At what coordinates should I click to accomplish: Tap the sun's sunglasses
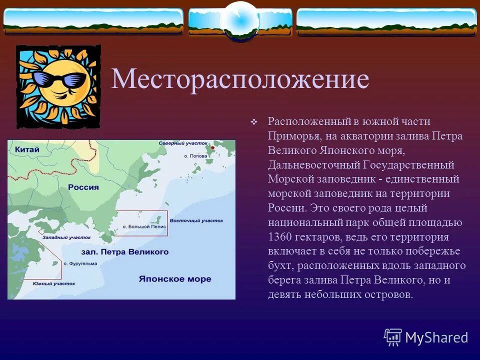pos(60,79)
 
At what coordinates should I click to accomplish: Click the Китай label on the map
pos(27,149)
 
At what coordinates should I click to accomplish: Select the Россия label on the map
pos(83,187)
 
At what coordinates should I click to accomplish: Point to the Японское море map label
pos(175,279)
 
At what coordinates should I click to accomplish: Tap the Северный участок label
pos(179,143)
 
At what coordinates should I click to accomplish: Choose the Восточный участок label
pos(196,220)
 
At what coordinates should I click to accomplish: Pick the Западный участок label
pos(66,238)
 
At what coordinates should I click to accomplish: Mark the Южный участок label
pos(54,283)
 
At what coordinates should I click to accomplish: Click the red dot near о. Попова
pos(213,148)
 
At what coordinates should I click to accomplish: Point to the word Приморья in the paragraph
pos(294,135)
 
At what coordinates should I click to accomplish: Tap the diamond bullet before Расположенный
pos(253,122)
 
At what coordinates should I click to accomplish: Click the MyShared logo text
pos(436,337)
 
